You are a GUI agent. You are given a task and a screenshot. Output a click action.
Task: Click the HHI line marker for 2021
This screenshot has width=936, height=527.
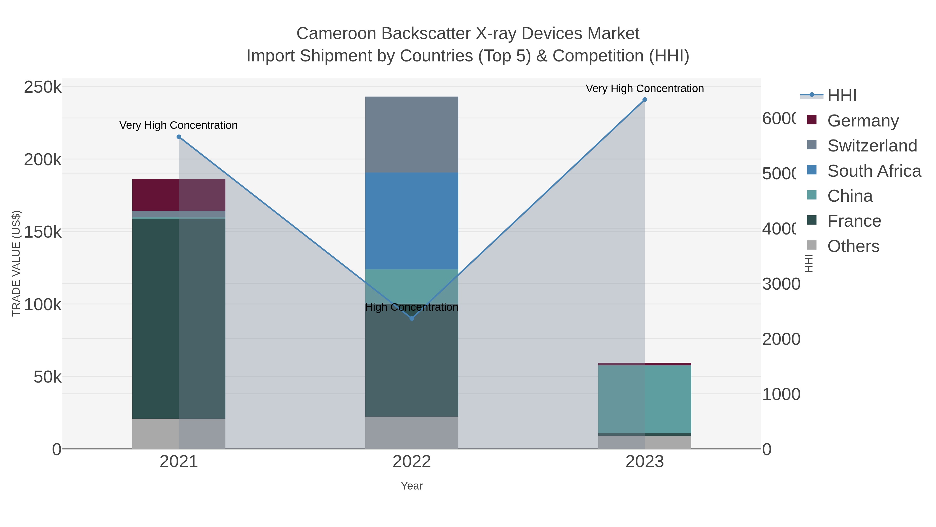[179, 137]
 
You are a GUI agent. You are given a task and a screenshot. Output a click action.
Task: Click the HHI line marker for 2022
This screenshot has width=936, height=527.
[412, 318]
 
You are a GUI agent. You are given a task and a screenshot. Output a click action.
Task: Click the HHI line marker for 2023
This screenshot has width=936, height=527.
[645, 99]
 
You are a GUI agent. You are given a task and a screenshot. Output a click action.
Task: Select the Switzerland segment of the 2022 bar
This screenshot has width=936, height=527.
[412, 135]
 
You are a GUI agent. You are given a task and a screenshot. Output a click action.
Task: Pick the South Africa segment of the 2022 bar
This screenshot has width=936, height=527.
[412, 221]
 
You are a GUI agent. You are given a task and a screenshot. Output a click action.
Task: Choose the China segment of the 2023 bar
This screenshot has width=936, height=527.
[645, 399]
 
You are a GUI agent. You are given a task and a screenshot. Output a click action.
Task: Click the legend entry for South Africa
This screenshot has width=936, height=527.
[874, 171]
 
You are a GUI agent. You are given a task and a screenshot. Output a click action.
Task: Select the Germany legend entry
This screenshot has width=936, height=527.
[863, 121]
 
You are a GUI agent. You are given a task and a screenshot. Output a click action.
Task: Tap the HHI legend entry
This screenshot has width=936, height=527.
[842, 96]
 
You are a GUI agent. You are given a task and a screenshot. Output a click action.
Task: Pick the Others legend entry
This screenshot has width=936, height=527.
[853, 246]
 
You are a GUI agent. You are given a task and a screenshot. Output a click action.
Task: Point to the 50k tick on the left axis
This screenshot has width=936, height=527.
[47, 377]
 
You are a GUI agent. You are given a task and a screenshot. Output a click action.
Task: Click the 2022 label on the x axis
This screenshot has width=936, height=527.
[412, 461]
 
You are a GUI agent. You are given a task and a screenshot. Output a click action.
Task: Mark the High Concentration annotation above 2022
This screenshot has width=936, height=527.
[412, 307]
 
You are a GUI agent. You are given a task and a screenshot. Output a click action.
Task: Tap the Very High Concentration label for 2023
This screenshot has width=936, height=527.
[645, 88]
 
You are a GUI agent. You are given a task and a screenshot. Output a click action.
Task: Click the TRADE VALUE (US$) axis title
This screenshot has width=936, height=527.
[16, 263]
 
